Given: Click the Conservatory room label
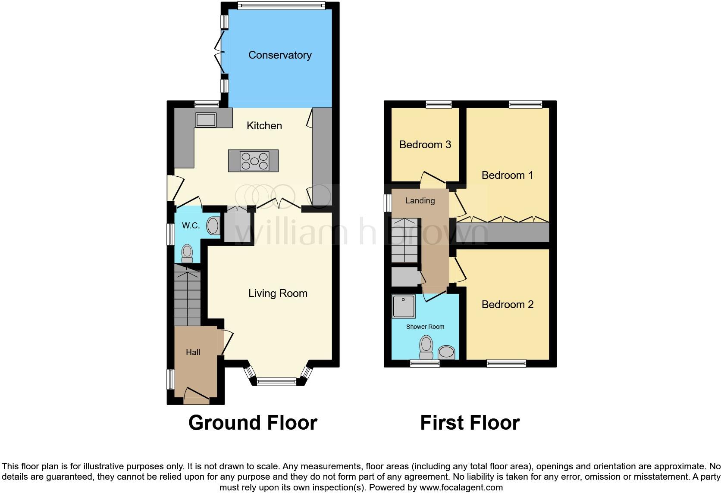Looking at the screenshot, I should pyautogui.click(x=280, y=55).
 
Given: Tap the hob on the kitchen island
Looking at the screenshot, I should pyautogui.click(x=254, y=161).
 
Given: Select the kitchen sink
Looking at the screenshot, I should pyautogui.click(x=206, y=120).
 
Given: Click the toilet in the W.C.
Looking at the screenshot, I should pyautogui.click(x=187, y=253).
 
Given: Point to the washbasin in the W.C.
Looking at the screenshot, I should pyautogui.click(x=213, y=226).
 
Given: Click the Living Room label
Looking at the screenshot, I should pyautogui.click(x=278, y=293).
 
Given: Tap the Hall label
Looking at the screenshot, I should pyautogui.click(x=193, y=353).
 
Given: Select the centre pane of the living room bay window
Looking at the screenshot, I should pyautogui.click(x=276, y=381).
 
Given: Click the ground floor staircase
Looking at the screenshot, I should pyautogui.click(x=187, y=297).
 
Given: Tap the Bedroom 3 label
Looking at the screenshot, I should pyautogui.click(x=425, y=145).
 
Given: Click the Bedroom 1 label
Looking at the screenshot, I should pyautogui.click(x=507, y=175).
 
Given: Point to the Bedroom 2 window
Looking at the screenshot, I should pyautogui.click(x=506, y=363).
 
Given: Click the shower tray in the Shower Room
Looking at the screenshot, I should pyautogui.click(x=404, y=306).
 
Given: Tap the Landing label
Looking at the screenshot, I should pyautogui.click(x=420, y=201).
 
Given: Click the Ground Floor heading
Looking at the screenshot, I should pyautogui.click(x=253, y=423).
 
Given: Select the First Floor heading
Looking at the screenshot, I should pyautogui.click(x=470, y=423).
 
